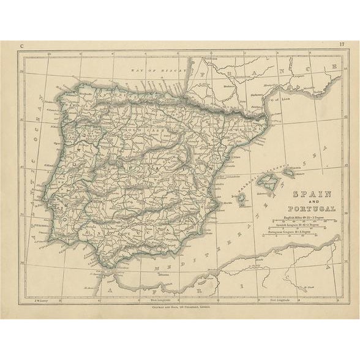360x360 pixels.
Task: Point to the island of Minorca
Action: click(x=288, y=173)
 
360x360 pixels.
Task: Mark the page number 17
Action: click(x=340, y=45)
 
